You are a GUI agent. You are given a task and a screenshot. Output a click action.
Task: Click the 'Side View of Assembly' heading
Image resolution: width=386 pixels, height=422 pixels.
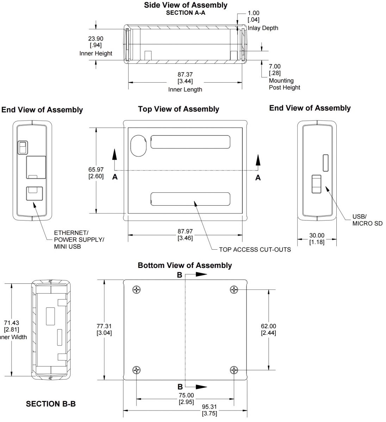click(x=185, y=5)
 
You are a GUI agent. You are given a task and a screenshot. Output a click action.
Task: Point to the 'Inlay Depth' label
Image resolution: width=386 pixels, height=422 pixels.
click(x=263, y=28)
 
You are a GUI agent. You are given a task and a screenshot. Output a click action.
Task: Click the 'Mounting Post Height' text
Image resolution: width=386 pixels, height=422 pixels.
click(x=285, y=84)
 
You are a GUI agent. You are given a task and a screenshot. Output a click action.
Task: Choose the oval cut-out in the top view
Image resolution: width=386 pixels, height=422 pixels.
click(x=138, y=146)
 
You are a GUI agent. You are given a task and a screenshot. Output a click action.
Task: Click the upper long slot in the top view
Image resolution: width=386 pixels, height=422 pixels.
click(x=190, y=142)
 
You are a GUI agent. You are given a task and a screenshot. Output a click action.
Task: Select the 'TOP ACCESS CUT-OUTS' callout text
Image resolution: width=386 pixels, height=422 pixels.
click(x=255, y=249)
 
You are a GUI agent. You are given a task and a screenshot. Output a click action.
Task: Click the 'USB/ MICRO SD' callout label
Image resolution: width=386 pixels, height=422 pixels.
click(x=367, y=220)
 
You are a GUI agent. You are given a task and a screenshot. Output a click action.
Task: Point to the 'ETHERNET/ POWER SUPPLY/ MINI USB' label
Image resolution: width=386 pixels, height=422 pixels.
click(x=79, y=239)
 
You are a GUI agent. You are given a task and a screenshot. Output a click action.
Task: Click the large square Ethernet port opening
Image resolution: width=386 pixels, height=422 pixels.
click(x=36, y=167)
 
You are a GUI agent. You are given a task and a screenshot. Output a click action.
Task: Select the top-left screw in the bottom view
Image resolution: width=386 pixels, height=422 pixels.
click(x=137, y=289)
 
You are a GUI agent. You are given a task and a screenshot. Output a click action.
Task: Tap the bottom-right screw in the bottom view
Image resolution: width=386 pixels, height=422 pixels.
click(x=234, y=370)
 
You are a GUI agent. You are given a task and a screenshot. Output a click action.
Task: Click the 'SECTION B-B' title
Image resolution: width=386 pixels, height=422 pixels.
click(x=51, y=404)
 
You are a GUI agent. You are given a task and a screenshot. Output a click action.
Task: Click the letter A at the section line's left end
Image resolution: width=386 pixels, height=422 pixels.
click(x=115, y=177)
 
